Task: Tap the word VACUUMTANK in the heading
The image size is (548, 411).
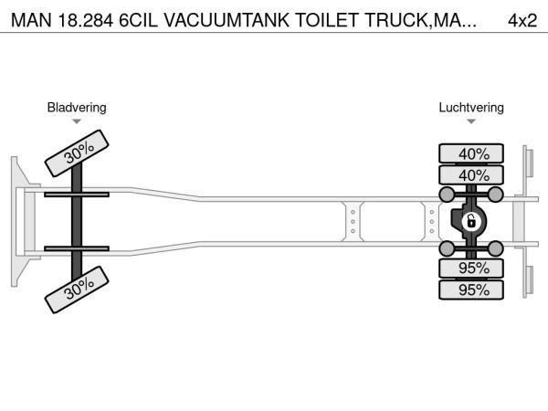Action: click(x=203, y=20)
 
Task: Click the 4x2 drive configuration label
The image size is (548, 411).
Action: click(x=522, y=20)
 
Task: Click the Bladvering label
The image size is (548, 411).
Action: click(x=77, y=108)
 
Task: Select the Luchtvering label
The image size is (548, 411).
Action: click(x=471, y=108)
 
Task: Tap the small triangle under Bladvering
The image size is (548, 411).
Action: click(x=77, y=121)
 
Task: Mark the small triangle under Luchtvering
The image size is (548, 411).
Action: click(x=471, y=121)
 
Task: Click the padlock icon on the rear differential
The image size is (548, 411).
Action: click(x=471, y=221)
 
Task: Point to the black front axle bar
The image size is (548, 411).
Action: click(x=79, y=220)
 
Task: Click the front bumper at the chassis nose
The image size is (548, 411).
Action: click(x=17, y=220)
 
